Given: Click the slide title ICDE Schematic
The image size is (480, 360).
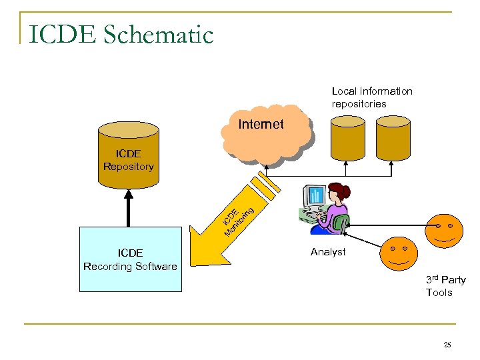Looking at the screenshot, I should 121,34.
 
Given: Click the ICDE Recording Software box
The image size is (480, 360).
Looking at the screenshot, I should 130,259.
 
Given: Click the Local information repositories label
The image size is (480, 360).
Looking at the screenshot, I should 372,97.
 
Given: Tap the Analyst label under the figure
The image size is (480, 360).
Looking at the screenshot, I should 328,252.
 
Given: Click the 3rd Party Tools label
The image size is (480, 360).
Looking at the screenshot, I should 445,286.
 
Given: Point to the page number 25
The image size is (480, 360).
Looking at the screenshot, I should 447,345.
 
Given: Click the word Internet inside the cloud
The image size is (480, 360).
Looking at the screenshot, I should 261,125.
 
